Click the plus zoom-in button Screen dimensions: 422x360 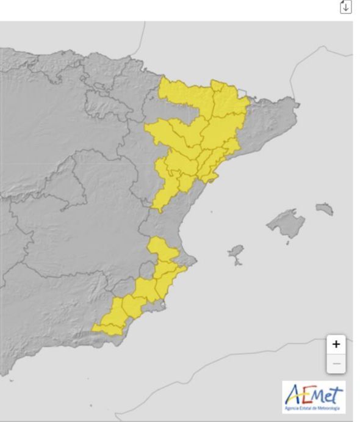pyautogui.click(x=336, y=344)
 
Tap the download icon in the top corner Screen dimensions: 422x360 pyautogui.click(x=346, y=7)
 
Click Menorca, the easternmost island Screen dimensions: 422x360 pyautogui.click(x=325, y=209)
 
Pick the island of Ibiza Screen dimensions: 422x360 pyautogui.click(x=237, y=252)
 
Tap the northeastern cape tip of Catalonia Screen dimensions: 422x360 pyautogui.click(x=297, y=105)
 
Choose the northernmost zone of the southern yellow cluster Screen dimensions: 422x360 pyautogui.click(x=160, y=248)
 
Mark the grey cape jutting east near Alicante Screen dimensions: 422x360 pyautogui.click(x=193, y=261)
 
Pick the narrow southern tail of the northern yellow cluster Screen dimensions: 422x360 pyautogui.click(x=159, y=200)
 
